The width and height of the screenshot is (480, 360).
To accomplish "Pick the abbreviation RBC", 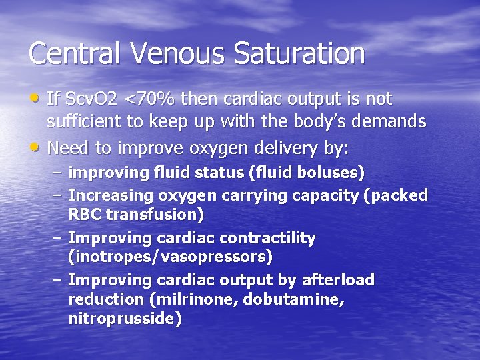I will (x=85, y=215).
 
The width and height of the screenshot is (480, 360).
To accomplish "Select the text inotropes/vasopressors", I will (x=170, y=257).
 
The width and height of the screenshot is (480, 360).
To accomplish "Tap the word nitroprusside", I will (x=125, y=319).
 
